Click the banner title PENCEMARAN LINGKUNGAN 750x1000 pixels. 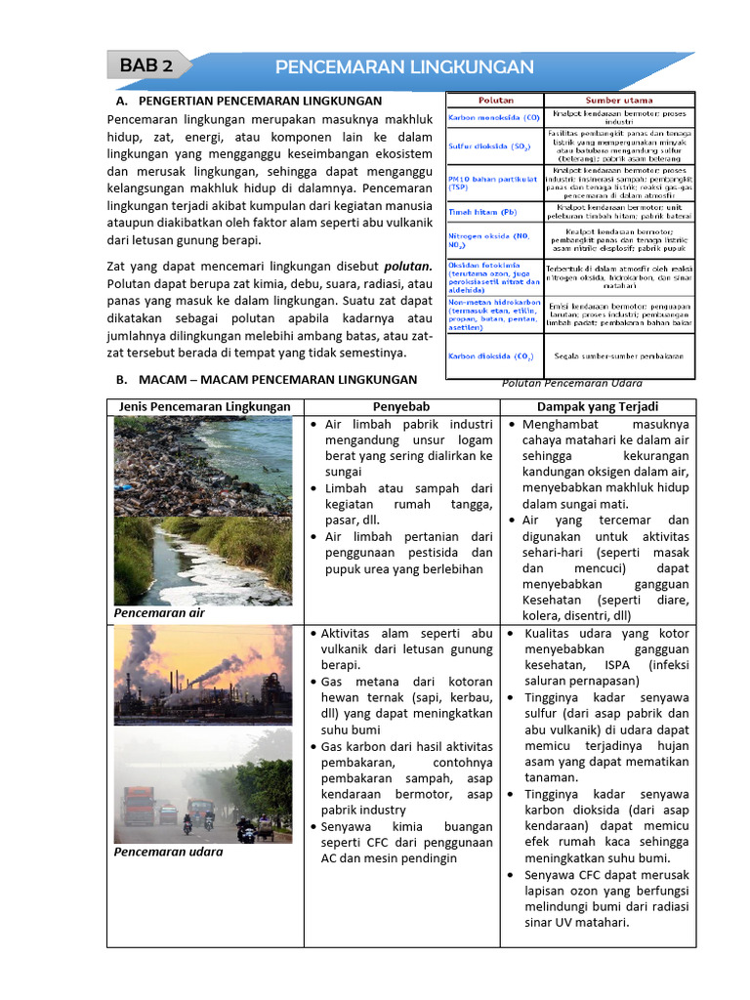tap(404, 66)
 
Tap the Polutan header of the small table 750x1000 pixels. tap(496, 100)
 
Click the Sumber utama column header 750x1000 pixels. tap(618, 100)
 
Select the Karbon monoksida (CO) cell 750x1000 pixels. tap(493, 117)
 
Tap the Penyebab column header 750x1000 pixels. tap(401, 406)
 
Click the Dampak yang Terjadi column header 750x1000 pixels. tap(598, 406)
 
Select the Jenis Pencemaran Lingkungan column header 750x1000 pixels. tap(204, 406)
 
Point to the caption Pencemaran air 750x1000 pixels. tap(159, 613)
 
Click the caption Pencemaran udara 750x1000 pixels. tap(168, 852)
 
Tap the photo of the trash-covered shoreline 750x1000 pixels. tap(202, 465)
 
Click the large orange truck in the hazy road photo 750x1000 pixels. tap(140, 806)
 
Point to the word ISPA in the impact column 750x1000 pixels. tap(618, 665)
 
